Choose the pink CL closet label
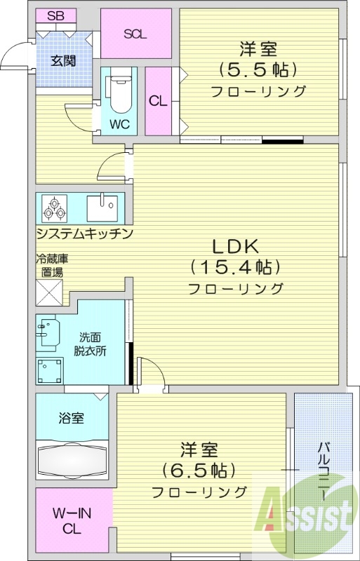(158, 100)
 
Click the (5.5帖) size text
(258, 70)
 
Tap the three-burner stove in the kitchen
(54, 208)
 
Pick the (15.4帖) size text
(236, 267)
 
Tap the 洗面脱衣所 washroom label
(91, 344)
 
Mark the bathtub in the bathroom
(72, 461)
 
